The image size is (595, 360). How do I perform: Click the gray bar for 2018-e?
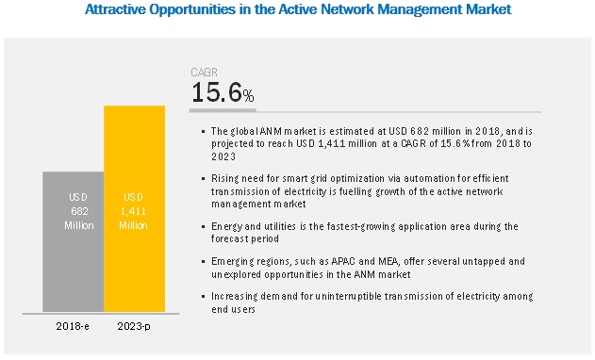pyautogui.click(x=73, y=241)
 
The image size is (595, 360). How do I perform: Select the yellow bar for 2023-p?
pyautogui.click(x=134, y=208)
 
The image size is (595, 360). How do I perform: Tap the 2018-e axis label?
pyautogui.click(x=73, y=326)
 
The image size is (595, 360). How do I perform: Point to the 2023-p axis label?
pyautogui.click(x=134, y=326)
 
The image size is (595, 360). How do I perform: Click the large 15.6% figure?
pyautogui.click(x=223, y=92)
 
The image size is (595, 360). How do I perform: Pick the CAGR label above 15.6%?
pyautogui.click(x=205, y=72)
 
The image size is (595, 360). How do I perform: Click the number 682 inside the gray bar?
pyautogui.click(x=79, y=211)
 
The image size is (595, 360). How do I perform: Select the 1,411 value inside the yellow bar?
pyautogui.click(x=133, y=211)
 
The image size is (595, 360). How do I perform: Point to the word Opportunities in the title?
pyautogui.click(x=192, y=9)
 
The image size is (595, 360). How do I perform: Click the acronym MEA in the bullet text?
pyautogui.click(x=388, y=261)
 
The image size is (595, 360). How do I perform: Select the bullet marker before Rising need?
pyautogui.click(x=204, y=179)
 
